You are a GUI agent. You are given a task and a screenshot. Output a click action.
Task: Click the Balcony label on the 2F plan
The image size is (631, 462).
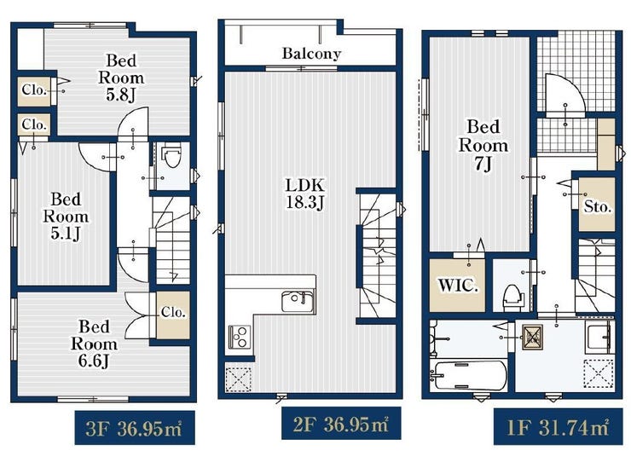pyautogui.click(x=311, y=54)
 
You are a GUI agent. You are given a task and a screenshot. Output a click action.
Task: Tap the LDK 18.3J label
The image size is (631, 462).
pyautogui.click(x=304, y=194)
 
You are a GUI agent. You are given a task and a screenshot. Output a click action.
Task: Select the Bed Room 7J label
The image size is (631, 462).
pyautogui.click(x=483, y=146)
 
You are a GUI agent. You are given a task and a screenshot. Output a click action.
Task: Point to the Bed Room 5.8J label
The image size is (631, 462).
pyautogui.click(x=121, y=78)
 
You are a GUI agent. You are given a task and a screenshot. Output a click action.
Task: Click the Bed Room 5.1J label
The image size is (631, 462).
pyautogui.click(x=66, y=217)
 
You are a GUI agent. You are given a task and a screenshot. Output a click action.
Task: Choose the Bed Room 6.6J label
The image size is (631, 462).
pyautogui.click(x=94, y=344)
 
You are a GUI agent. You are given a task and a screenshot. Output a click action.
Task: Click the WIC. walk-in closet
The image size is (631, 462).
pyautogui.click(x=457, y=286)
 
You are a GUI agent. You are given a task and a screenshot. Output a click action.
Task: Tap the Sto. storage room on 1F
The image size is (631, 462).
pyautogui.click(x=597, y=205)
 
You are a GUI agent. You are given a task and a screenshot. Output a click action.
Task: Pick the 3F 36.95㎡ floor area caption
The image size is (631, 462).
pyautogui.click(x=135, y=428)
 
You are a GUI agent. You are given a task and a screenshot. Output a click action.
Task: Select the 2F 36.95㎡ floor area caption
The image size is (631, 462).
pyautogui.click(x=341, y=424)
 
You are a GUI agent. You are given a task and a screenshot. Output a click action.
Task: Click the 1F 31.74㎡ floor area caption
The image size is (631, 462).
pyautogui.click(x=559, y=426)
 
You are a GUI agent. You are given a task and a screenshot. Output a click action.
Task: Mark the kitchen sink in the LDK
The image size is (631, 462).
pyautogui.click(x=298, y=301)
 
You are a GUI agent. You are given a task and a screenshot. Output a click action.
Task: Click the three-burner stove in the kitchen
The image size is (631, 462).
pyautogui.click(x=240, y=337)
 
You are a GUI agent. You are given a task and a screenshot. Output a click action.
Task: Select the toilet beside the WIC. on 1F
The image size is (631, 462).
pyautogui.click(x=513, y=297)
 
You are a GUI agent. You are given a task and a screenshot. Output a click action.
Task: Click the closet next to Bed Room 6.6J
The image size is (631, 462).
pyautogui.click(x=172, y=315)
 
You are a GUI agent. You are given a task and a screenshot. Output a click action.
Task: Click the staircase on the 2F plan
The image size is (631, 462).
pyautogui.click(x=378, y=256)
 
